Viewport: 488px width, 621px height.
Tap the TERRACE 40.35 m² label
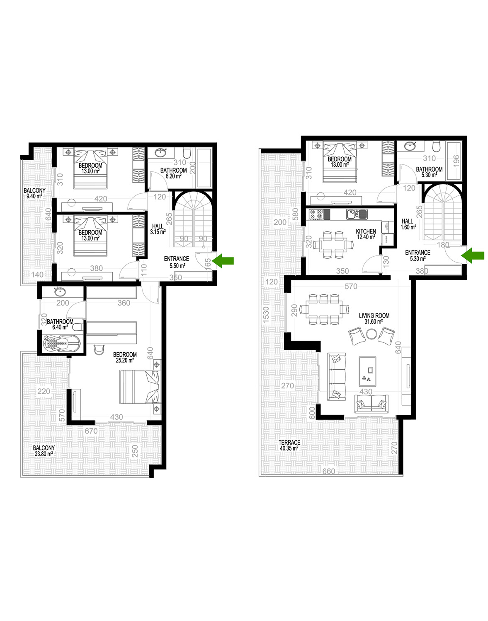289,445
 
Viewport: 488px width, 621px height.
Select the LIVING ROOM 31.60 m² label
374,318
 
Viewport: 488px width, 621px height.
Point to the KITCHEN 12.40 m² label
366,234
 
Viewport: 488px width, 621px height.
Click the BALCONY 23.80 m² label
44,451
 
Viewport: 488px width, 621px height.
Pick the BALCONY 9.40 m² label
34,193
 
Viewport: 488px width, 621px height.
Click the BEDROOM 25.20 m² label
125,357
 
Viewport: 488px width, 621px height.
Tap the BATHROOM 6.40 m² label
60,324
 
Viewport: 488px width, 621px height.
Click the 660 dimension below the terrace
328,471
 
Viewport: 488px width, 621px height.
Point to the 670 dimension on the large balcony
91,431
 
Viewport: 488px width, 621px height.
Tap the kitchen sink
357,214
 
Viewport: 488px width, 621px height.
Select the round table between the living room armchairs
372,334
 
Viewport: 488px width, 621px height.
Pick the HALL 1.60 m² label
408,224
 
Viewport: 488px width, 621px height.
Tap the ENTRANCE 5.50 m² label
177,262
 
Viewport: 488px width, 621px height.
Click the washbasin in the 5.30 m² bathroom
411,146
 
